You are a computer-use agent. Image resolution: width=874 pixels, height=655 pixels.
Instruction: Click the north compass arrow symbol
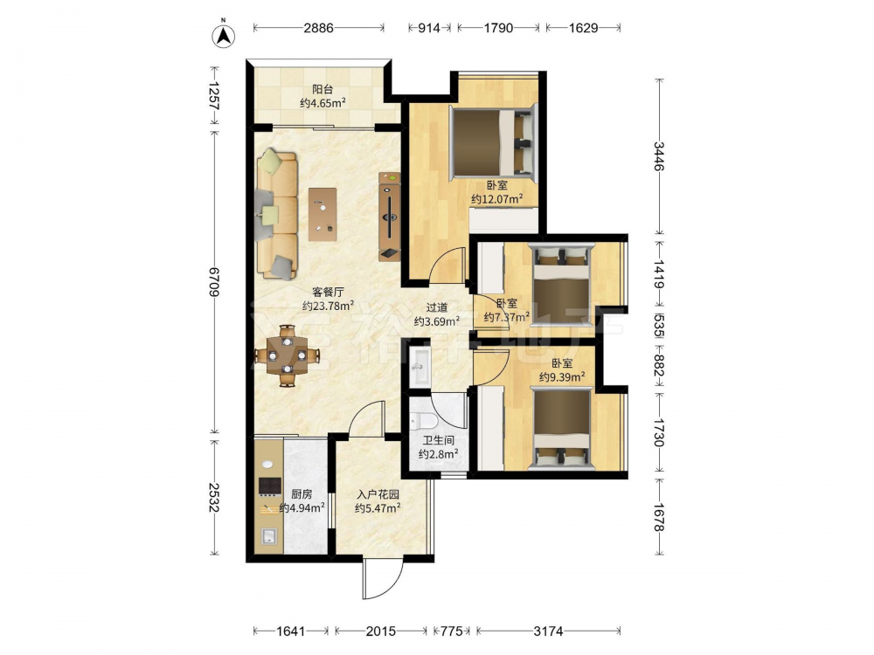(x=224, y=35)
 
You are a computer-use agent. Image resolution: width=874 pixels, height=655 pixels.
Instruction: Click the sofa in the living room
(x=276, y=214)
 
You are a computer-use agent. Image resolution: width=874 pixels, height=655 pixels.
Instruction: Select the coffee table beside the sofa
(x=323, y=214)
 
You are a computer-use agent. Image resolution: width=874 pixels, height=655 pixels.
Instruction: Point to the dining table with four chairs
(x=287, y=355)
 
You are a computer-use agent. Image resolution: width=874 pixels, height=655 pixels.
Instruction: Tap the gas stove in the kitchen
(x=269, y=486)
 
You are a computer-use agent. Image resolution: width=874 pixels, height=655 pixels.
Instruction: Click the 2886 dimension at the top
(x=318, y=27)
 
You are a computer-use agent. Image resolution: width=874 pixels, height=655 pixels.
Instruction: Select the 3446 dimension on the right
(x=659, y=156)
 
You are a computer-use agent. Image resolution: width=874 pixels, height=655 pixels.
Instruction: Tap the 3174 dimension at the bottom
(x=548, y=631)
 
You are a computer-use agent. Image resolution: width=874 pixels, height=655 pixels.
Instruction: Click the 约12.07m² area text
(x=496, y=199)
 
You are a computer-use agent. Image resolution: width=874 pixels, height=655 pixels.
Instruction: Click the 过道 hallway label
(x=436, y=307)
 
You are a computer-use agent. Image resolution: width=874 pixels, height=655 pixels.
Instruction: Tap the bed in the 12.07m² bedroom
(x=492, y=142)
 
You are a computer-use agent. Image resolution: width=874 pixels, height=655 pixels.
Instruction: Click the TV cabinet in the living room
(x=389, y=216)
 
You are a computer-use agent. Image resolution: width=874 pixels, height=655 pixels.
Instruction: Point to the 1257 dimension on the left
(x=214, y=95)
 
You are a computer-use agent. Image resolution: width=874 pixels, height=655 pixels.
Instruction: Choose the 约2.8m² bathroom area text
(x=439, y=454)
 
